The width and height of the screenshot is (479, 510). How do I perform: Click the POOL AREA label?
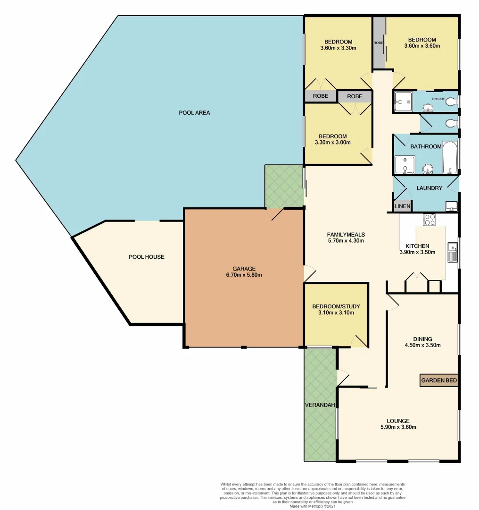coord(194,113)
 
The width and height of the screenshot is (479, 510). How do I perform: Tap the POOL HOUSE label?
coord(147,257)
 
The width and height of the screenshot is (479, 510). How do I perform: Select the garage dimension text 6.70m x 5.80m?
coord(244,275)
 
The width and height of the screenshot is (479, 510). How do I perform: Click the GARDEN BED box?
coord(438,381)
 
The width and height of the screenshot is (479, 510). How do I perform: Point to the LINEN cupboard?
coord(402,206)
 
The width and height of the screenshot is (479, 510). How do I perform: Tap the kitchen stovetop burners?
coord(429,220)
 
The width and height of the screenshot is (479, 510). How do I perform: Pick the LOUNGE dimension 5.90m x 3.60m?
coord(398,427)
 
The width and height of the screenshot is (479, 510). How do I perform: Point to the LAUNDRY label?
coord(429,188)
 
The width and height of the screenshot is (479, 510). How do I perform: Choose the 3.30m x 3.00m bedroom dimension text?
coord(333,143)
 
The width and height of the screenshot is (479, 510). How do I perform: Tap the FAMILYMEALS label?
coord(346,234)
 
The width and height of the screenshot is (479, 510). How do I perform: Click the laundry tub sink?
coord(450,206)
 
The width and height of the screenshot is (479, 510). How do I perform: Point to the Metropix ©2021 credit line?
coord(313,506)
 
